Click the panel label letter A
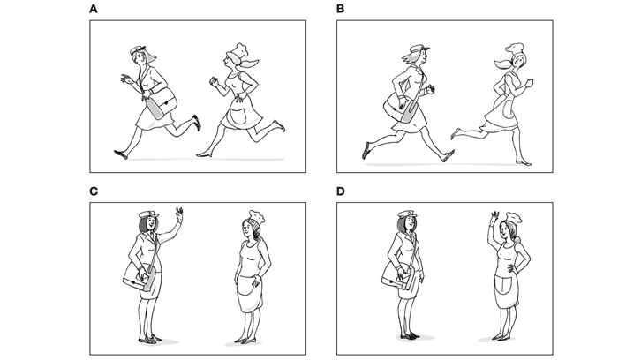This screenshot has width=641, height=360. pyautogui.click(x=94, y=9)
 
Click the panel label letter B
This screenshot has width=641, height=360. pyautogui.click(x=340, y=9)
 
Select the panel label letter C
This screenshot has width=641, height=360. pyautogui.click(x=94, y=191)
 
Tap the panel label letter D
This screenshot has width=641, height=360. pyautogui.click(x=341, y=191)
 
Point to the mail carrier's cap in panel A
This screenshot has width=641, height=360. pyautogui.click(x=138, y=49)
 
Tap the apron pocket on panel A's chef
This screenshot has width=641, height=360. pyautogui.click(x=238, y=115)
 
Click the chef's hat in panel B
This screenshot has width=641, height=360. pyautogui.click(x=515, y=49)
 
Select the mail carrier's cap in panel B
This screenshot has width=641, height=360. pyautogui.click(x=419, y=49)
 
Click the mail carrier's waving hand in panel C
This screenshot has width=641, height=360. pyautogui.click(x=179, y=214)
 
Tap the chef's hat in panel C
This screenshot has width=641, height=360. pyautogui.click(x=257, y=216)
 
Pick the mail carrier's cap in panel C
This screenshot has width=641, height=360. pyautogui.click(x=148, y=214)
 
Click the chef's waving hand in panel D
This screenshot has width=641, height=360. pyautogui.click(x=495, y=217)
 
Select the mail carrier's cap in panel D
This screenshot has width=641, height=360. pyautogui.click(x=407, y=214)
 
